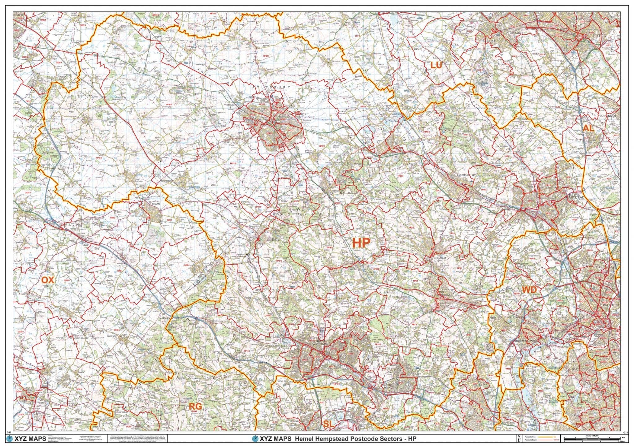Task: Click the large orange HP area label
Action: (361, 243)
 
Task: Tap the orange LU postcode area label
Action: (436, 65)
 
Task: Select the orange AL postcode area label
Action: (588, 128)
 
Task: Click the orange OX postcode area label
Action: (48, 280)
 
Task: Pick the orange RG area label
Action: (195, 406)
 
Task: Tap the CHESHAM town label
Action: (439, 257)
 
